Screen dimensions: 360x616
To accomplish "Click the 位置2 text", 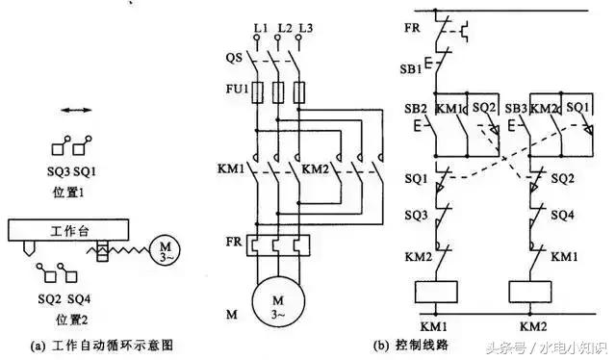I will (74, 318).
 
